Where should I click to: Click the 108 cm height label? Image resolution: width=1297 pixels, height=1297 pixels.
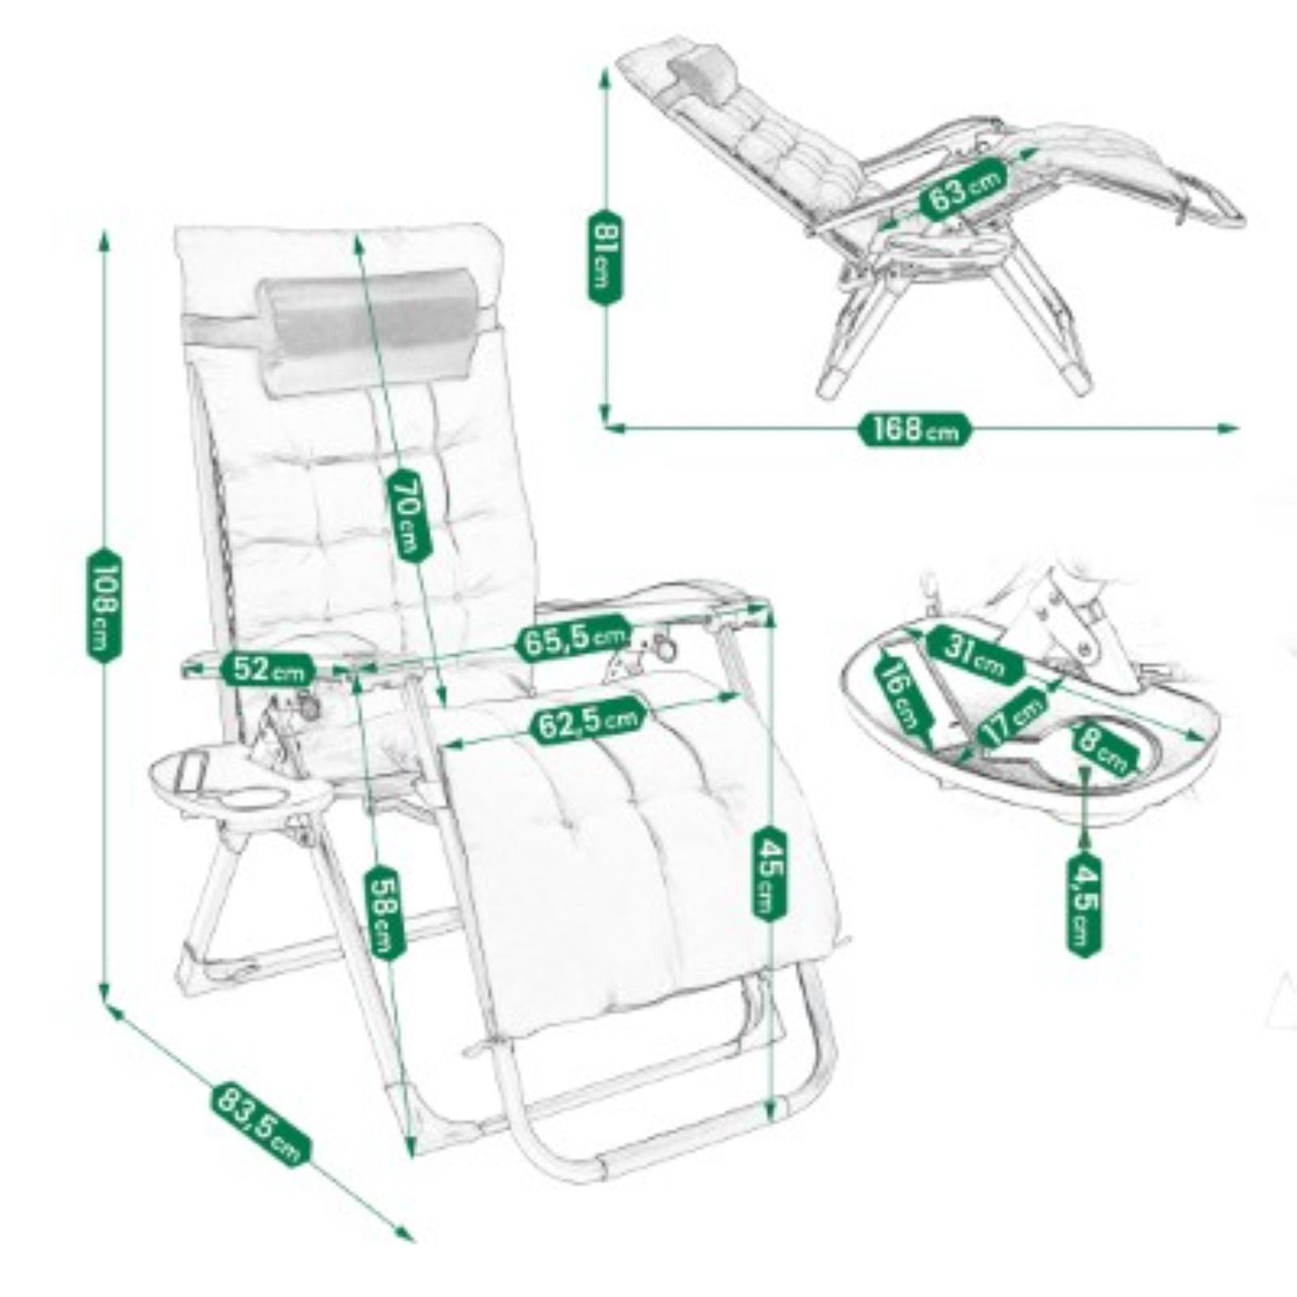[103, 605]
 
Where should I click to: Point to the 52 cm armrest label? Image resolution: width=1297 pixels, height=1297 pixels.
[268, 669]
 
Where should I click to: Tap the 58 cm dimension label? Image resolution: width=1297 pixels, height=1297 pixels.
[385, 912]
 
